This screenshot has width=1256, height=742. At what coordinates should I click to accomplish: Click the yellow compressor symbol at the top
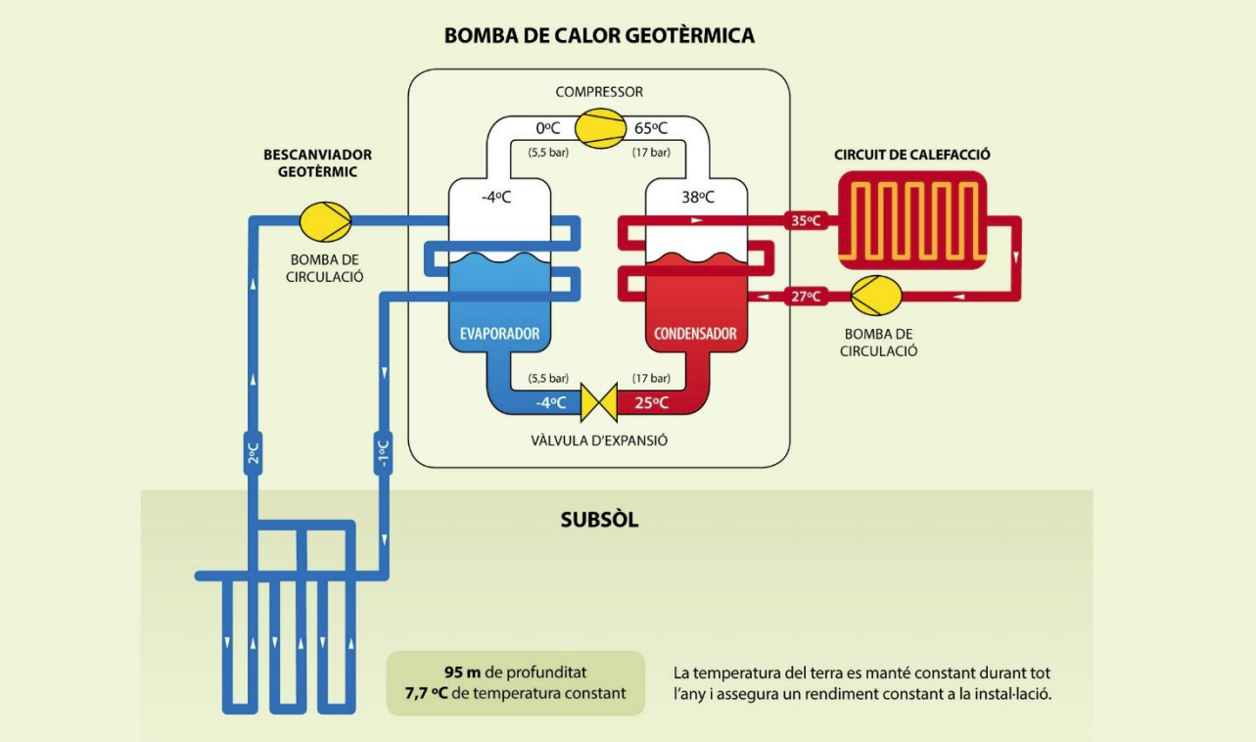tap(600, 128)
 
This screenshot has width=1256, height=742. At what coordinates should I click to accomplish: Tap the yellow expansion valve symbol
tap(598, 401)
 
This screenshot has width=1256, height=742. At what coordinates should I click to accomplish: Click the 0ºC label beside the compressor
tap(548, 128)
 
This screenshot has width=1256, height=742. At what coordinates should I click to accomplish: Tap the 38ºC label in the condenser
tap(698, 197)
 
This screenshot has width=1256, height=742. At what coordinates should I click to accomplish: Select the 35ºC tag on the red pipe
tap(807, 221)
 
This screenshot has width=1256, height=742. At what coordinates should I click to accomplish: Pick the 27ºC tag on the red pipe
tap(807, 296)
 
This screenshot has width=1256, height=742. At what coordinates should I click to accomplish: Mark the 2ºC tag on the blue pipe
tap(253, 453)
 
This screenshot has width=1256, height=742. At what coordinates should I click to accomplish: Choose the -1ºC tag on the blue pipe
tap(383, 453)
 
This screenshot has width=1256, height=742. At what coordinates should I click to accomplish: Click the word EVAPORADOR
tap(499, 334)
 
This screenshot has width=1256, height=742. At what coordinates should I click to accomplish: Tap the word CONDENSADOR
tap(695, 334)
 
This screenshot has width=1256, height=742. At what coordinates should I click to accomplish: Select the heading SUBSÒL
tap(599, 520)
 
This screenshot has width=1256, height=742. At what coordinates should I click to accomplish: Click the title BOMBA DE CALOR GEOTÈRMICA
tap(599, 36)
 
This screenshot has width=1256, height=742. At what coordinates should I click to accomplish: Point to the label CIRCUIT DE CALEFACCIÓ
tap(912, 155)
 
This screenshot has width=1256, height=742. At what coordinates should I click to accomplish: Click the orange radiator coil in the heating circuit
tap(912, 221)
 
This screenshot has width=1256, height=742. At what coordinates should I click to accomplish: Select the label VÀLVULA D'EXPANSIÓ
tap(599, 441)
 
